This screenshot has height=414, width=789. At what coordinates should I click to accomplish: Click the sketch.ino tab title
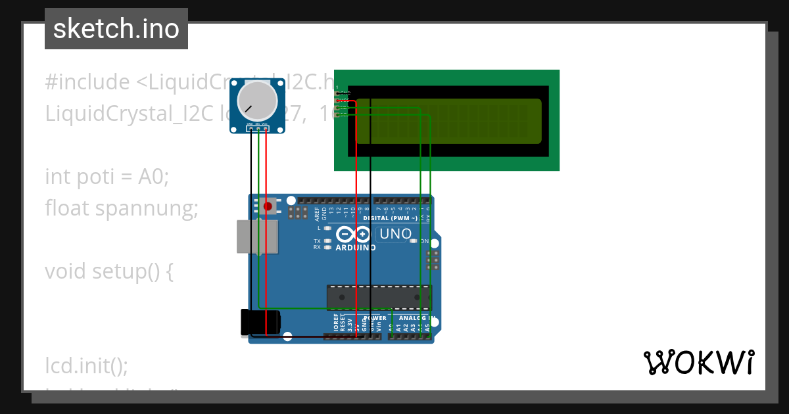tap(116, 29)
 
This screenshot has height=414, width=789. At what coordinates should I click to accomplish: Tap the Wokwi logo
tap(698, 362)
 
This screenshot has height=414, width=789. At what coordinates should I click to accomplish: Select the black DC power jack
tap(260, 322)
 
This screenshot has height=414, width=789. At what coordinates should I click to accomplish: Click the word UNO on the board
tap(396, 234)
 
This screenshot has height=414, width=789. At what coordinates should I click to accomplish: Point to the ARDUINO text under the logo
tap(356, 248)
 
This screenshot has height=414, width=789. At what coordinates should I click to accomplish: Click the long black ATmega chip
tap(379, 297)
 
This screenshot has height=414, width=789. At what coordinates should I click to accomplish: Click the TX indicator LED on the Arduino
tap(327, 241)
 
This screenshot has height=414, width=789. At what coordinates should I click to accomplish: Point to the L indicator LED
tap(327, 228)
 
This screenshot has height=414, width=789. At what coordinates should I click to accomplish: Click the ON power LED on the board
tap(414, 241)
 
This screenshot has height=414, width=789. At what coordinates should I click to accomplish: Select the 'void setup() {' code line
tap(109, 271)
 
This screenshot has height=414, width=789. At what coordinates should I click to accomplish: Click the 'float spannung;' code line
tap(122, 208)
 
